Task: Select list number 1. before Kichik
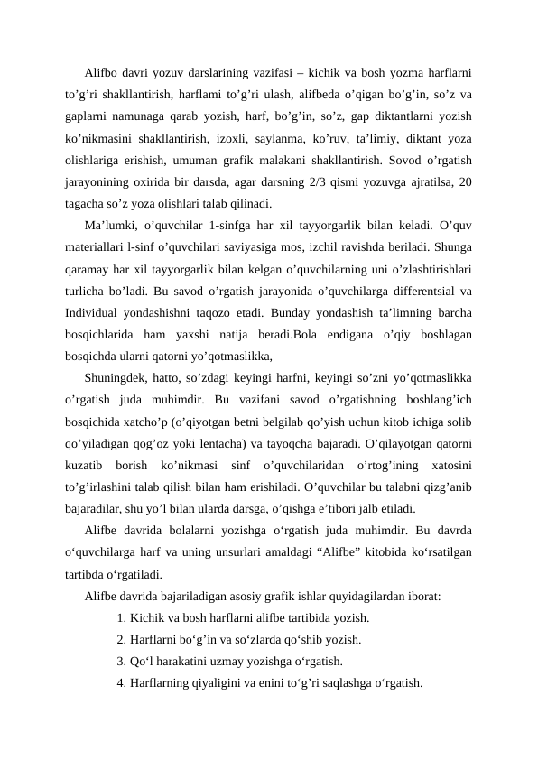pos(121,618)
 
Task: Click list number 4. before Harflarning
pos(121,682)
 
